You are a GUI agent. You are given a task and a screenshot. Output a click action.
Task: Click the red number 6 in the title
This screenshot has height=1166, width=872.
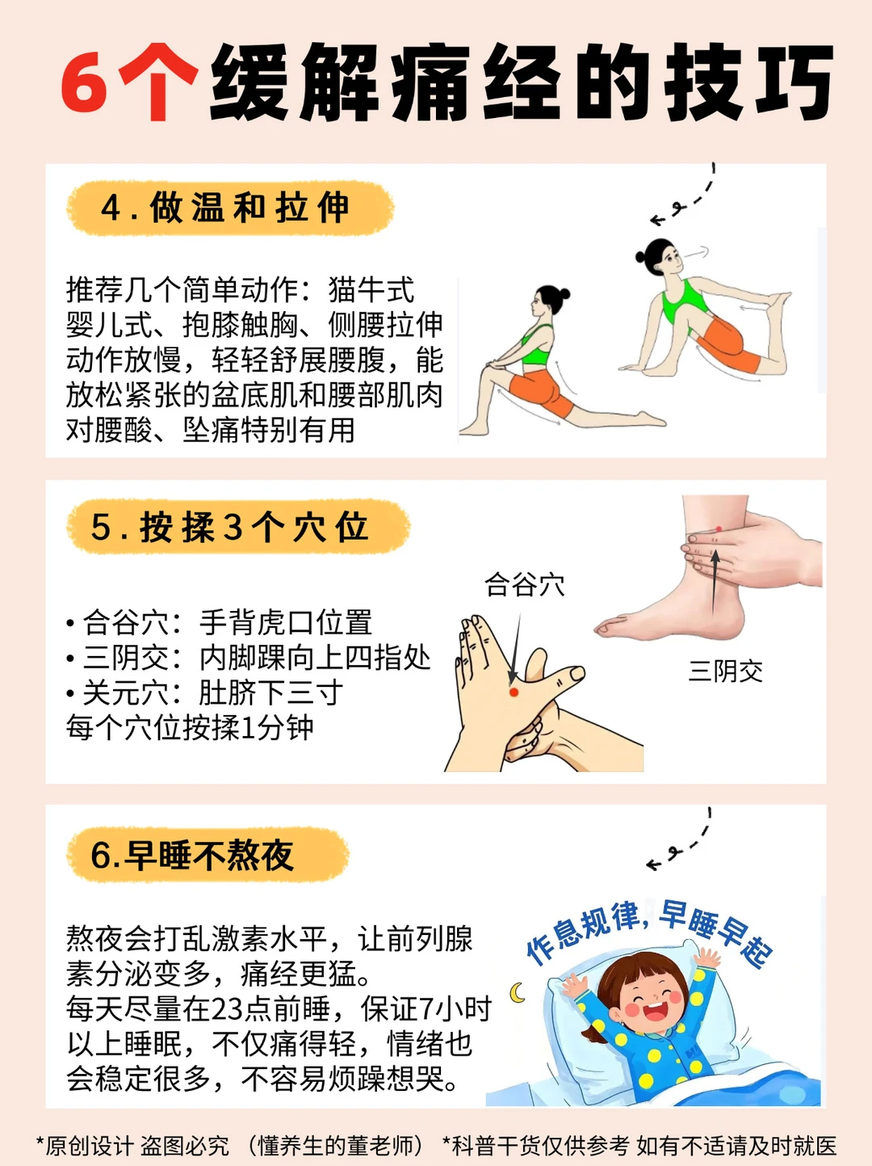pos(85,84)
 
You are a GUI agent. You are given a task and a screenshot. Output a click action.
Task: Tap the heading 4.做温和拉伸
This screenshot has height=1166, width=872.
pos(225,207)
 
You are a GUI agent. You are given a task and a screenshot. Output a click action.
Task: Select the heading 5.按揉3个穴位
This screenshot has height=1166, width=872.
pos(229,527)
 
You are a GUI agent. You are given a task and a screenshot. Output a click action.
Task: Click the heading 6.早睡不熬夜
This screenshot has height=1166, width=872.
pos(192,855)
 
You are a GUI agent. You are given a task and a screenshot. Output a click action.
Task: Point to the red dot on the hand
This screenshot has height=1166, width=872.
pos(514,692)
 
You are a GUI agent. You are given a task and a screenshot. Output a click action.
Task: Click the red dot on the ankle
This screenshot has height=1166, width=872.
pos(719,528)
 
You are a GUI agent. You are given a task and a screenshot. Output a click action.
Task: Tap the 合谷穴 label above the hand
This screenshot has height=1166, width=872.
pos(524,585)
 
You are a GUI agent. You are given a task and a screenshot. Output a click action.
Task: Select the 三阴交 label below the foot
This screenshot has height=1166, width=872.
pos(725,671)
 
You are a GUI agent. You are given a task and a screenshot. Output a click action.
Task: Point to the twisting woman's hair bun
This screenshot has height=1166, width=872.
pos(640,257)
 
